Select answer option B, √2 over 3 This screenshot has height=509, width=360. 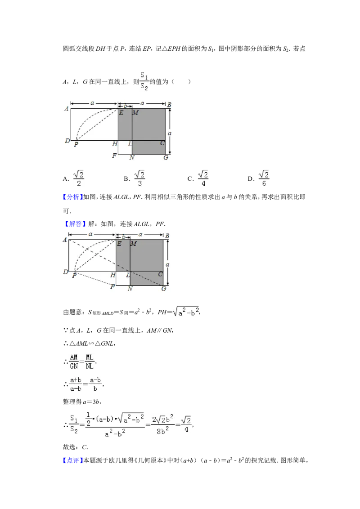(x=134, y=179)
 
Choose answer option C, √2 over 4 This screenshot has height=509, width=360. (x=198, y=179)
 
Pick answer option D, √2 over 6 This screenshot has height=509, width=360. (x=259, y=179)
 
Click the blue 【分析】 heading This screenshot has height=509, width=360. (x=73, y=197)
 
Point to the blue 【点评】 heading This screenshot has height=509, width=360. (x=73, y=460)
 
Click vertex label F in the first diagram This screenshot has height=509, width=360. (x=114, y=156)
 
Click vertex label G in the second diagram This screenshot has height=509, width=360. (x=164, y=289)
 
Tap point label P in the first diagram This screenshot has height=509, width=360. (x=76, y=144)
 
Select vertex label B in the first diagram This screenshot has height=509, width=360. (x=169, y=105)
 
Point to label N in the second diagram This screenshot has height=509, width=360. (x=130, y=289)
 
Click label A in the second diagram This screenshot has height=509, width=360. (x=65, y=240)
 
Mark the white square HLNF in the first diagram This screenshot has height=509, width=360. (x=125, y=147)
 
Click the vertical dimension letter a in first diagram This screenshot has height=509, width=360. (x=169, y=134)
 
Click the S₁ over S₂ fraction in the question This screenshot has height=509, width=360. (x=144, y=81)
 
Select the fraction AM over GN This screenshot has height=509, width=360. (x=74, y=362)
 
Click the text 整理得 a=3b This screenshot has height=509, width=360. (x=82, y=402)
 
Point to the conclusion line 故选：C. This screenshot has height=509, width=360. (x=76, y=447)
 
